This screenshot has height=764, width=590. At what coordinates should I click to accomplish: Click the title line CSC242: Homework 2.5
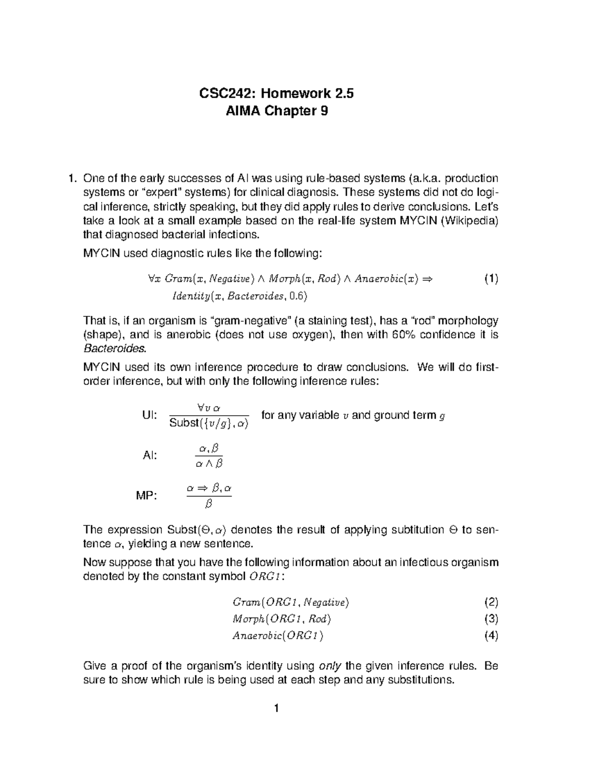point(276,93)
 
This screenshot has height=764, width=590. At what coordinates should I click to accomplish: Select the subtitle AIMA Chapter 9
point(276,112)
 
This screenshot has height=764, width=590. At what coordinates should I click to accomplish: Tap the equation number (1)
point(491,279)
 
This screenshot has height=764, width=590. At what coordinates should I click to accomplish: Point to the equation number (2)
point(491,602)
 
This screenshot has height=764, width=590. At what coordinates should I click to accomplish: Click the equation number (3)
point(491,618)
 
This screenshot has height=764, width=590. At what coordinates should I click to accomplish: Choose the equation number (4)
point(491,635)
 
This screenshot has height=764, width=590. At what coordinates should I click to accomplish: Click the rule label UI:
point(149,416)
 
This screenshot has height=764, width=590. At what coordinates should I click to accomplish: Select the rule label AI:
point(149,456)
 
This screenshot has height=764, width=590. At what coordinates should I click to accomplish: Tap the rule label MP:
point(147,496)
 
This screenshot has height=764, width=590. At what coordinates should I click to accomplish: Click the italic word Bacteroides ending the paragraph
point(115,349)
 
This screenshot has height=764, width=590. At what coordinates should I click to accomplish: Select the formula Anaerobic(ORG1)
point(278,636)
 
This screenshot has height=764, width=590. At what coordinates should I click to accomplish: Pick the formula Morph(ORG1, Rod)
point(282,619)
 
